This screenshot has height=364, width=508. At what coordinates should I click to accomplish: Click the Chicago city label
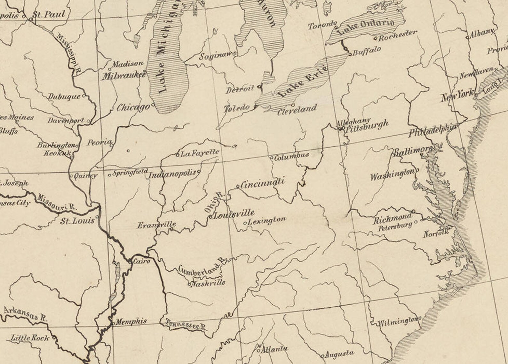click(133, 107)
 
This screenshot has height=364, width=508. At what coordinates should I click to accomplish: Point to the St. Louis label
click(78, 221)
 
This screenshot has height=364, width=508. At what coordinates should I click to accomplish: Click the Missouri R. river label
click(57, 203)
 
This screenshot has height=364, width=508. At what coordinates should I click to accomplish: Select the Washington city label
click(392, 175)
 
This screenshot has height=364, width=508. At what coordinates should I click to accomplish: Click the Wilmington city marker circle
click(420, 319)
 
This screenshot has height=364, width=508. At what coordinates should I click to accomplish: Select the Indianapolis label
click(172, 174)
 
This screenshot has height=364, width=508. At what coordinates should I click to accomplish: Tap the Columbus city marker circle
click(272, 158)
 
